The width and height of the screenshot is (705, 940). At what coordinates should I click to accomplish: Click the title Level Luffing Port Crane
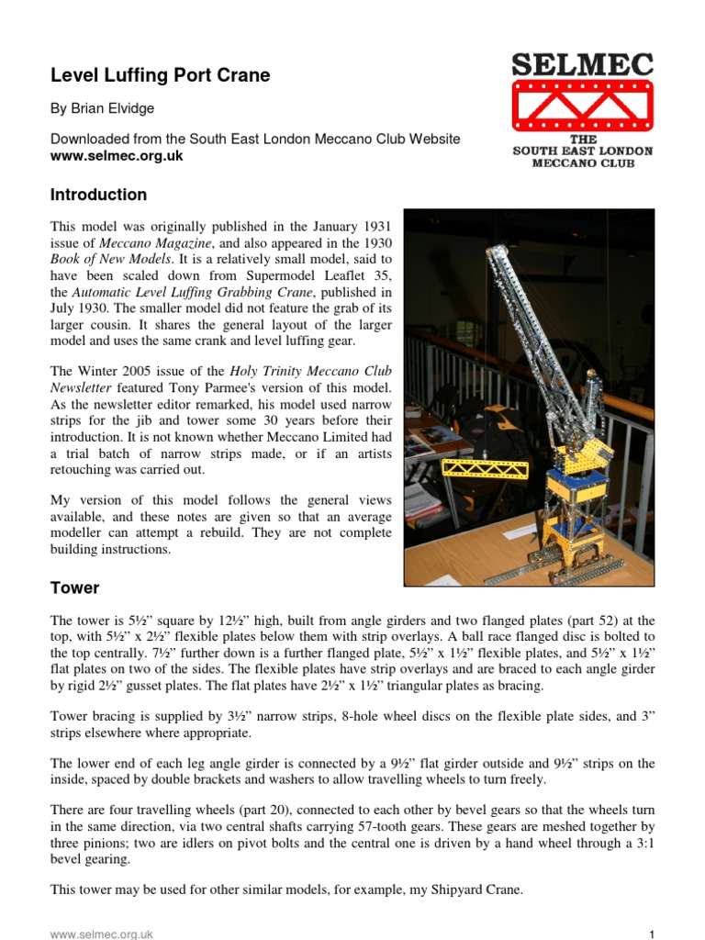160,75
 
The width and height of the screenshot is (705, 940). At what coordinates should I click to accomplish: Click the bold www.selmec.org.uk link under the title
117,156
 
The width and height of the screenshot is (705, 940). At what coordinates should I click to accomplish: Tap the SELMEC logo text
582,65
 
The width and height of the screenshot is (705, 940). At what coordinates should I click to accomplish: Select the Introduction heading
98,195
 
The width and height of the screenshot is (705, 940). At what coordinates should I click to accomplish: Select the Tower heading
74,587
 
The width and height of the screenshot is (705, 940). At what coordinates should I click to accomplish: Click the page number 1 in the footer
651,934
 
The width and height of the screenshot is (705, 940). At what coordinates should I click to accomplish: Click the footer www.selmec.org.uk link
101,934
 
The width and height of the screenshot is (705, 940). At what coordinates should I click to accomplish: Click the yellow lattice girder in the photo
477,466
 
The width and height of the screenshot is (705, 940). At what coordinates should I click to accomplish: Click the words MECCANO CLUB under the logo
582,163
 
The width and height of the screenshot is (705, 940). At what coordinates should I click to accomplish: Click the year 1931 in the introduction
372,226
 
